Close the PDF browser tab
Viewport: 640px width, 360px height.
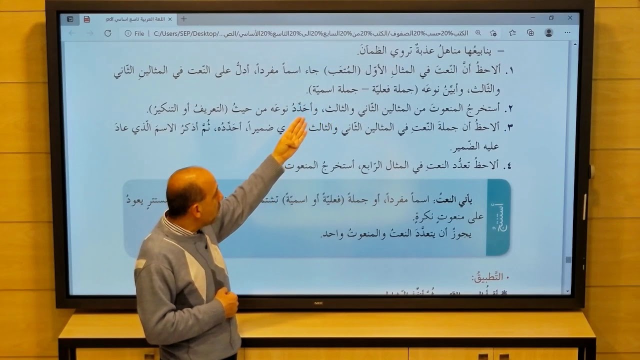[x=170, y=19]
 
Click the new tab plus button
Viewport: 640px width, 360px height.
[x=183, y=19]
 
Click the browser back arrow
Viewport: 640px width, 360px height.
[x=72, y=33]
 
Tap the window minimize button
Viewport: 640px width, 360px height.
[x=533, y=18]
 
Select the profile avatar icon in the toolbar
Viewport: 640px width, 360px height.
[x=548, y=33]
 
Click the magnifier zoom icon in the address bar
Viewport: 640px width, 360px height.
[x=478, y=33]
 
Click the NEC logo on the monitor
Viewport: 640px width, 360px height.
[x=319, y=302]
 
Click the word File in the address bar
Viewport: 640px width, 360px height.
[x=139, y=33]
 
